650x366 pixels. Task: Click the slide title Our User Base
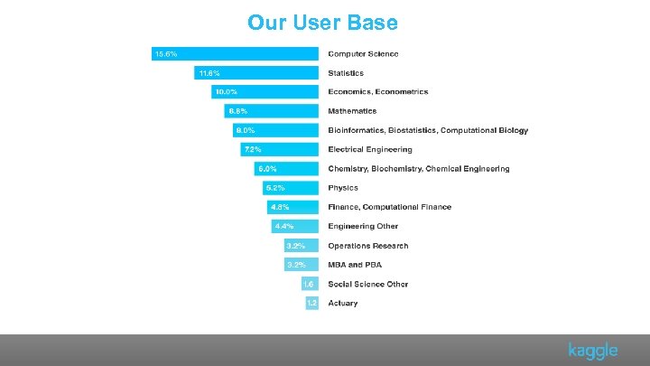(x=322, y=22)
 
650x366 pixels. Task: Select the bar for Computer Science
(x=235, y=53)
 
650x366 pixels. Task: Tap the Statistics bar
(x=256, y=72)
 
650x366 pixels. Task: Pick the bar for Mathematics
(x=272, y=111)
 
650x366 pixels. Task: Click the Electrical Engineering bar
(x=279, y=149)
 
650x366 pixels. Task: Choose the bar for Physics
(x=291, y=188)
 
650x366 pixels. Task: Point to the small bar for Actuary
(x=311, y=303)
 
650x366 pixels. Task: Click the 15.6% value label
(x=166, y=53)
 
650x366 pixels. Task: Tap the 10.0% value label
(x=226, y=92)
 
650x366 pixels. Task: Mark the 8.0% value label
(x=246, y=130)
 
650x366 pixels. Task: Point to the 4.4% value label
(x=284, y=226)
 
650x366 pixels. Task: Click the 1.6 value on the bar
(x=309, y=284)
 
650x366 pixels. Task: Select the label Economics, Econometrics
(x=377, y=92)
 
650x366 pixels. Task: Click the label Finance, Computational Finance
(x=389, y=207)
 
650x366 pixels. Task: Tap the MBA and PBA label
(x=357, y=265)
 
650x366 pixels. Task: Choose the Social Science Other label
(x=367, y=284)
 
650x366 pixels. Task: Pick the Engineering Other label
(x=362, y=226)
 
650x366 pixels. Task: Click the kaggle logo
(x=592, y=351)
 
